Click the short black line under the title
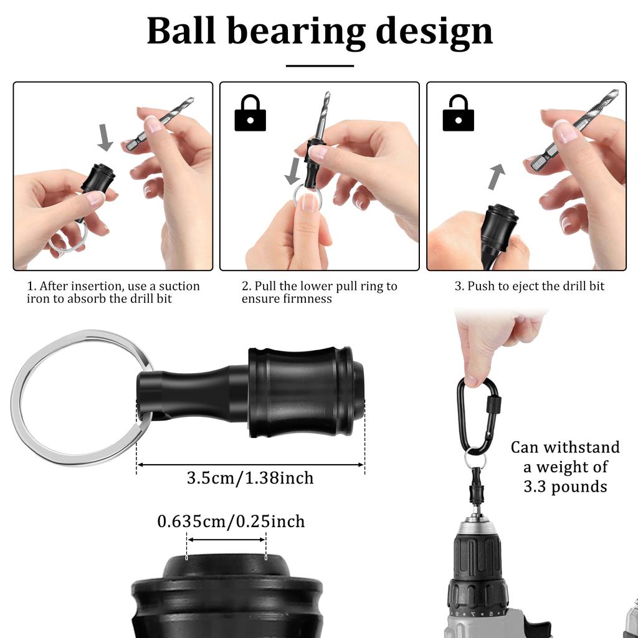pos(320,65)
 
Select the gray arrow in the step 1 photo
pos(105,137)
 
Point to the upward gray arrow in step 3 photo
pos(496,176)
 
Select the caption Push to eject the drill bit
pos(529,287)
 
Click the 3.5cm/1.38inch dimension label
pos(250,478)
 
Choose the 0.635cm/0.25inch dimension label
pos(231,521)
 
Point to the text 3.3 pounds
pos(565,486)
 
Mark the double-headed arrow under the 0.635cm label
pos(227,540)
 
